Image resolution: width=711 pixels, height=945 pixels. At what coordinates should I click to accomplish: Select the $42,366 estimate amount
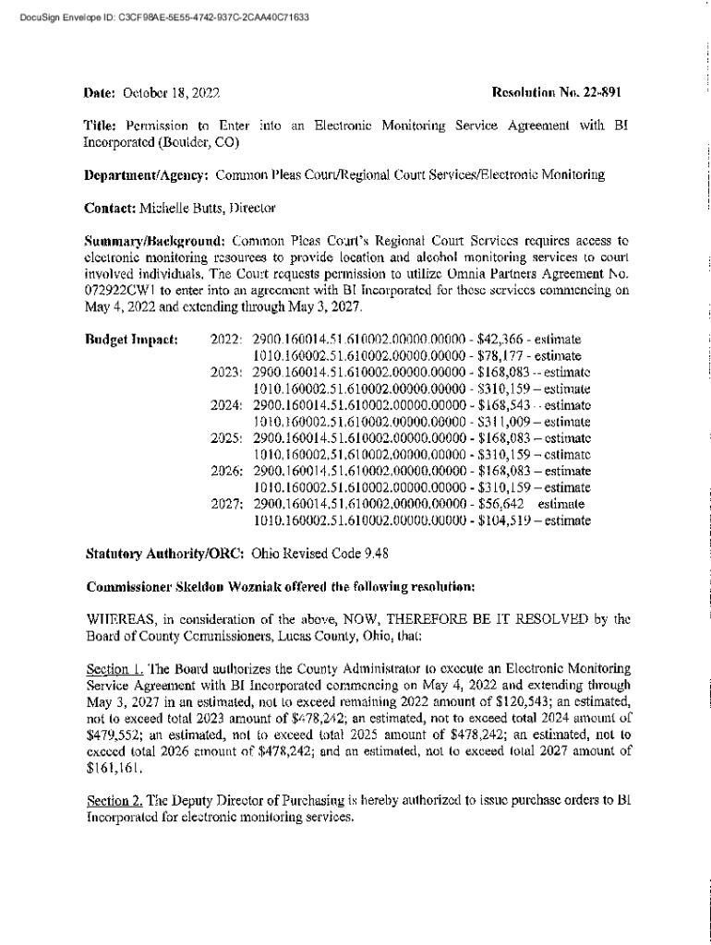[500, 339]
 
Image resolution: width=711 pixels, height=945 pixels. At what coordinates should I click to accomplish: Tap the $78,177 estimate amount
[500, 355]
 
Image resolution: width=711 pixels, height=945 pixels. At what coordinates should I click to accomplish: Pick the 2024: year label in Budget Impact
[227, 405]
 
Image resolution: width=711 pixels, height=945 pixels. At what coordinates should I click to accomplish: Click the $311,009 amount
[504, 422]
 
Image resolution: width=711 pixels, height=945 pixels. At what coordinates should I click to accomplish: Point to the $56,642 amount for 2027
[500, 505]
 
